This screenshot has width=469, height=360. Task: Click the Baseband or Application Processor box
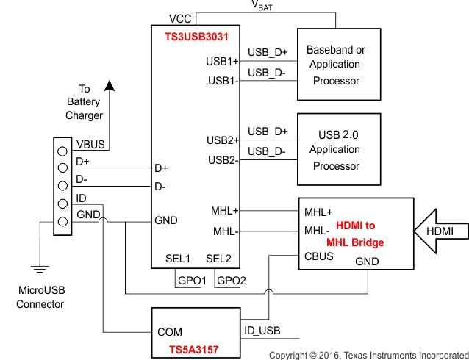(335, 65)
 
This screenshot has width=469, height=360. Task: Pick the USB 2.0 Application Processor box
(335, 150)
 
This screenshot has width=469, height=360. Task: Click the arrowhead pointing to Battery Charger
(109, 85)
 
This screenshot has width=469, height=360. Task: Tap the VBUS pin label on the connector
(91, 144)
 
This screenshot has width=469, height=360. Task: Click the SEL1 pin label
(178, 259)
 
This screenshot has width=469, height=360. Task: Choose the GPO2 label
(231, 281)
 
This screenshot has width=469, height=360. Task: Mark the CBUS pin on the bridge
(318, 256)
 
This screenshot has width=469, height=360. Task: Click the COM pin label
(170, 332)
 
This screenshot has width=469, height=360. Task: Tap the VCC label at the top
(182, 18)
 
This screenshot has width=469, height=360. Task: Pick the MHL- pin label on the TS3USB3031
(224, 231)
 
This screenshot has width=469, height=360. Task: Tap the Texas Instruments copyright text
(368, 355)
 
